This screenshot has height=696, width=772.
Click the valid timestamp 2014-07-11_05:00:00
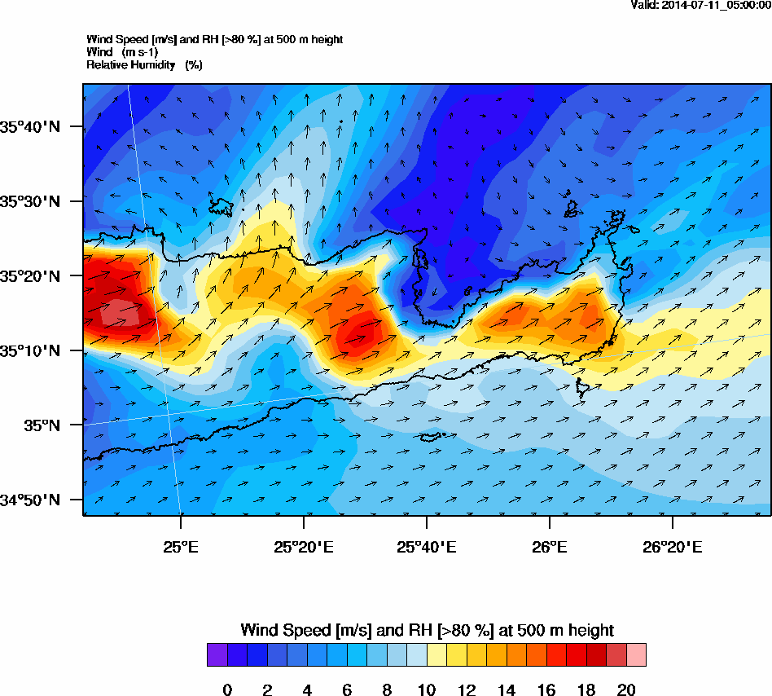tap(701, 5)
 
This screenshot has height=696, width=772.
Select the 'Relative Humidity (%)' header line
tap(144, 65)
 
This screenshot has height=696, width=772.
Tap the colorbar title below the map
tap(427, 630)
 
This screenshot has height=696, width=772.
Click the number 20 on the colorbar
tap(626, 690)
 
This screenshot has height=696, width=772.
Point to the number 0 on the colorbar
tap(227, 690)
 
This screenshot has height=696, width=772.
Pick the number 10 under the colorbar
tap(427, 690)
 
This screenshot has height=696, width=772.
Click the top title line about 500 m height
tap(214, 39)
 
